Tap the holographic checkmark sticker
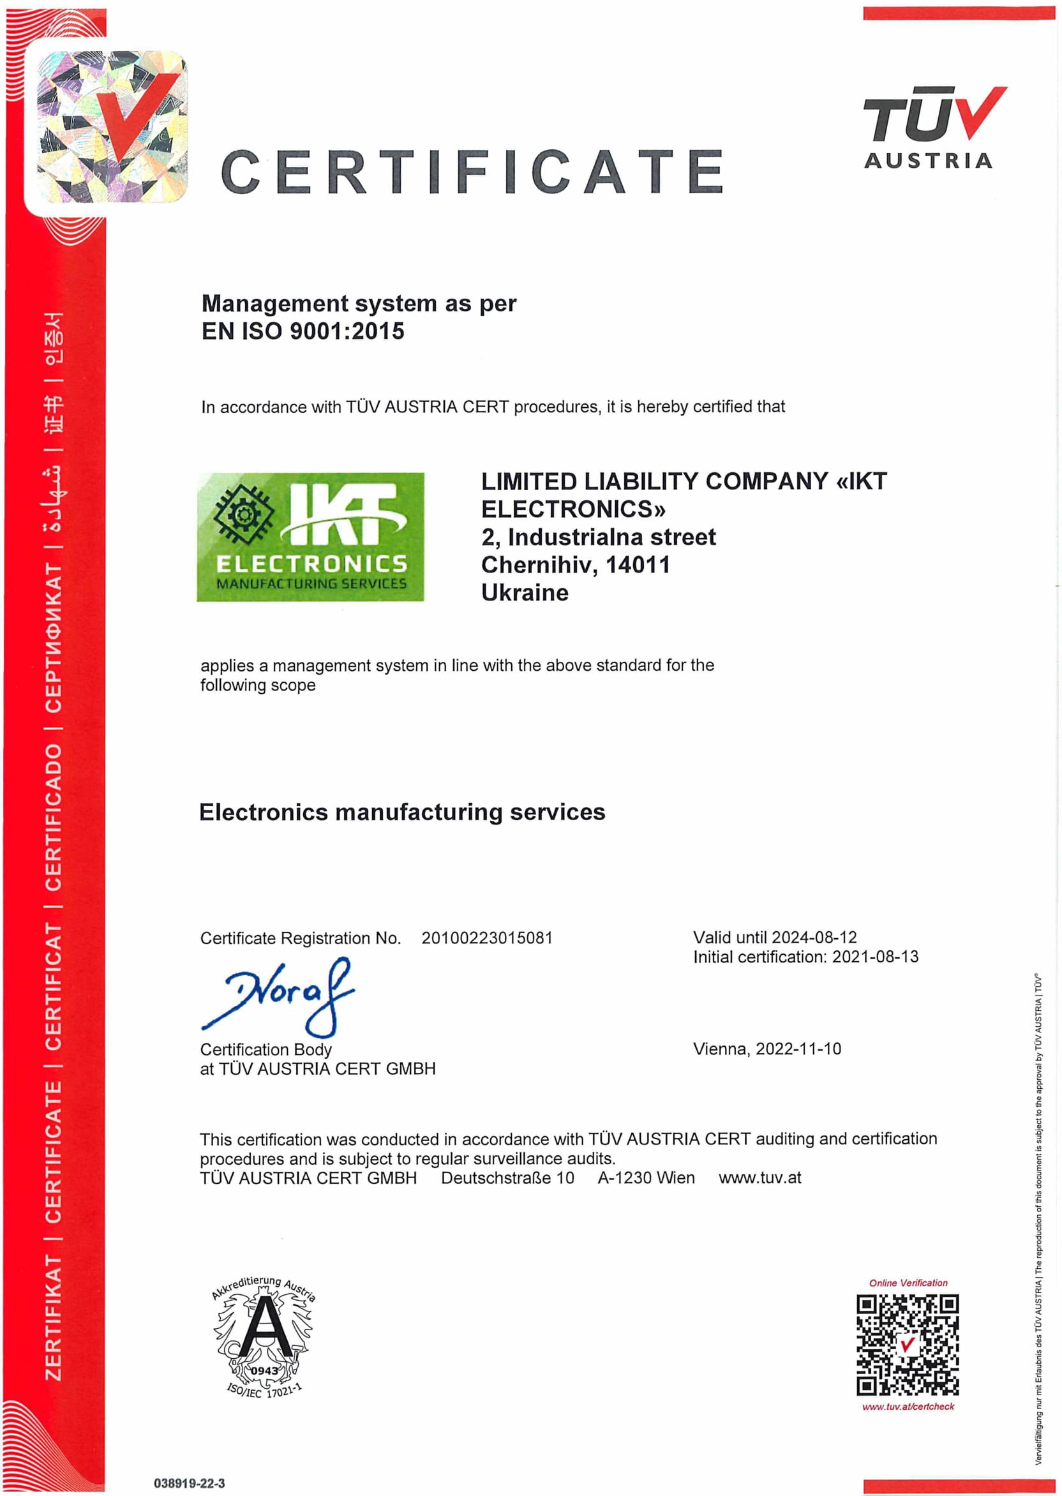pyautogui.click(x=111, y=126)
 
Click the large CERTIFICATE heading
pyautogui.click(x=472, y=171)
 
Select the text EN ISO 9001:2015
pyautogui.click(x=303, y=331)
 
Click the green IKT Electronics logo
pyautogui.click(x=311, y=537)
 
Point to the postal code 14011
pyautogui.click(x=638, y=565)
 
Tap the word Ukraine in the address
pyautogui.click(x=525, y=593)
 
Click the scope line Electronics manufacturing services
pyautogui.click(x=401, y=812)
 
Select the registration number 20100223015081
pyautogui.click(x=486, y=938)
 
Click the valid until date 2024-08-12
pyautogui.click(x=814, y=938)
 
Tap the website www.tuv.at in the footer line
pyautogui.click(x=759, y=1178)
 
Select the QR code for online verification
pyautogui.click(x=907, y=1345)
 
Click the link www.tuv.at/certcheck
pyautogui.click(x=908, y=1407)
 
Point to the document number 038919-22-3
pyautogui.click(x=189, y=1483)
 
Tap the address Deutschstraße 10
pyautogui.click(x=507, y=1178)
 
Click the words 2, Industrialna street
pyautogui.click(x=599, y=537)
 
